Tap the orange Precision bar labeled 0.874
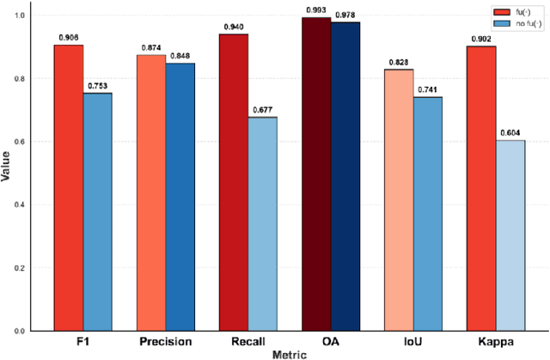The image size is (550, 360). point(152,192)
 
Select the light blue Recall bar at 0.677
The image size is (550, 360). point(262,223)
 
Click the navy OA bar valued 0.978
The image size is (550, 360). point(345,176)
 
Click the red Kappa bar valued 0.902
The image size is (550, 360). point(481,188)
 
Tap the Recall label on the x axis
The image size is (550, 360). point(248,341)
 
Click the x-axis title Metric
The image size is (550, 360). point(290,353)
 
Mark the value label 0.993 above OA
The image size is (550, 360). point(316,10)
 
